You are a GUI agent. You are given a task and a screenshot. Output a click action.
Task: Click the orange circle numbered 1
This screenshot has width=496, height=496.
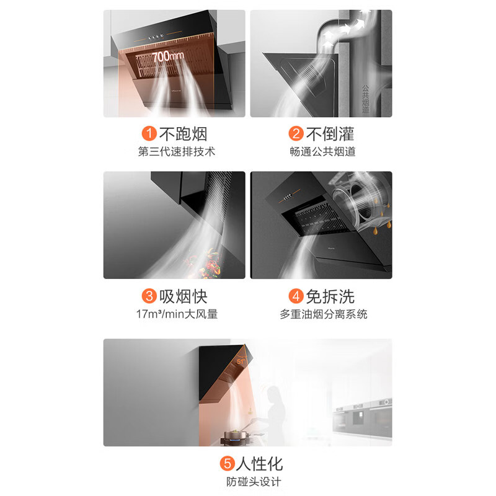[x=149, y=133]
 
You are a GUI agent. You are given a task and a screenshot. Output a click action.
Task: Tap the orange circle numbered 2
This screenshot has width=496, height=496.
[x=296, y=133]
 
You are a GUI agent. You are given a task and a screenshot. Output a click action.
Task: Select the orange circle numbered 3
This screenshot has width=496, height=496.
[x=149, y=296]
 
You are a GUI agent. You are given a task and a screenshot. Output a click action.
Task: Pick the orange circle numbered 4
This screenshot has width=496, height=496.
[x=296, y=296]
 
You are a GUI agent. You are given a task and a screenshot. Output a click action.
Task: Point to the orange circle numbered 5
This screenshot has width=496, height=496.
[x=228, y=464]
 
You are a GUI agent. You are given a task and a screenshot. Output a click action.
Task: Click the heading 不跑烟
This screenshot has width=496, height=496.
[x=183, y=134]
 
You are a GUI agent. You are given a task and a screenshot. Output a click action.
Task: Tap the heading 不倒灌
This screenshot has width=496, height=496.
[x=330, y=134]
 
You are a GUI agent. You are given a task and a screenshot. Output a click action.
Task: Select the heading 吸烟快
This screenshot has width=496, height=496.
[x=183, y=296]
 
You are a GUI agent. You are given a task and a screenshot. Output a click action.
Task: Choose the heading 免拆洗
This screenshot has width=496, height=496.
[x=330, y=296]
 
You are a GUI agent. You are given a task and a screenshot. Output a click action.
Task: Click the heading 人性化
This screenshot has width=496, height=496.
[x=259, y=464]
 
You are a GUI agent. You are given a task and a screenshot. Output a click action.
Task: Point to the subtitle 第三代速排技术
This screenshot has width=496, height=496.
[x=177, y=151]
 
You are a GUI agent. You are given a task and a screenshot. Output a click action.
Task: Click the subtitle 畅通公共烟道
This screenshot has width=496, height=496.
[x=322, y=151]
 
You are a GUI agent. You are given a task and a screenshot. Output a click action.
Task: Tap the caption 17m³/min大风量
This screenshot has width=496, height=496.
[x=177, y=314]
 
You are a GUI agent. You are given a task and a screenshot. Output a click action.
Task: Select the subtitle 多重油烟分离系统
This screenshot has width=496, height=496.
[x=323, y=314]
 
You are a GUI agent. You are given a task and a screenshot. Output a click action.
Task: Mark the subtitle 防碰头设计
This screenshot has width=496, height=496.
[x=254, y=482]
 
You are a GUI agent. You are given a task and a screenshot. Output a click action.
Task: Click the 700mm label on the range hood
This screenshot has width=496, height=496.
[x=167, y=56]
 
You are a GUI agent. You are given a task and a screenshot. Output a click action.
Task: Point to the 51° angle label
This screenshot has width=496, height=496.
[x=241, y=361]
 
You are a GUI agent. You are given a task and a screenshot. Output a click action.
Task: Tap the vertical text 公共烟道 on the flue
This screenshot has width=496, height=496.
[x=365, y=99]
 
